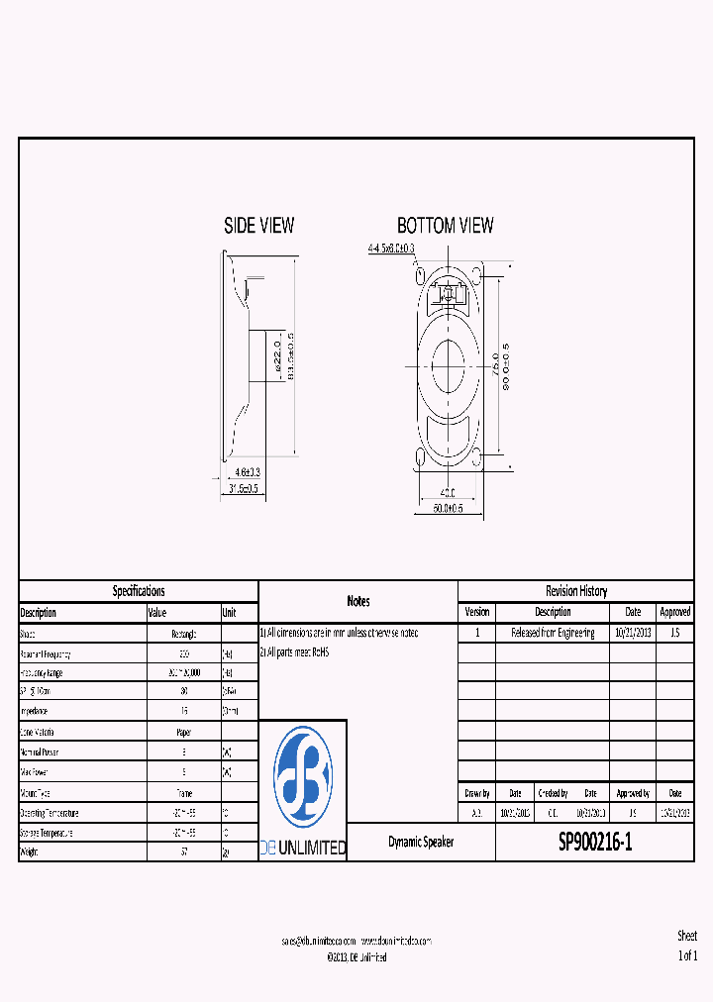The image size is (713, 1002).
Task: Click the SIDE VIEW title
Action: click(258, 226)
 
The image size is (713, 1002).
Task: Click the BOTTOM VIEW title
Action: click(445, 226)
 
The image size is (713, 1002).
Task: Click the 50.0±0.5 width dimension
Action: click(448, 508)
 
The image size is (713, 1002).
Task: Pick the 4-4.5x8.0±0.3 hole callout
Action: click(390, 248)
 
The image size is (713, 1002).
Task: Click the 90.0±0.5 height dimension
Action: click(505, 367)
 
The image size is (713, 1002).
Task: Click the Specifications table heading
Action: click(139, 591)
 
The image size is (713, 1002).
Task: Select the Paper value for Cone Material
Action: click(183, 732)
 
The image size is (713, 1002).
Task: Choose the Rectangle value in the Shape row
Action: click(183, 634)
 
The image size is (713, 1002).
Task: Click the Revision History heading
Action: click(576, 591)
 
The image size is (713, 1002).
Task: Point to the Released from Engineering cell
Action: click(553, 634)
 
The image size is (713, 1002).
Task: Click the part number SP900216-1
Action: click(594, 843)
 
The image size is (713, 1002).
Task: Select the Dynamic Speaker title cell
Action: click(420, 843)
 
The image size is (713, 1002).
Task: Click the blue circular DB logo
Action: click(302, 776)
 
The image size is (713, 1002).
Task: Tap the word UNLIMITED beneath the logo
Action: click(315, 849)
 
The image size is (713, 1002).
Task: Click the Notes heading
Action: click(357, 601)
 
